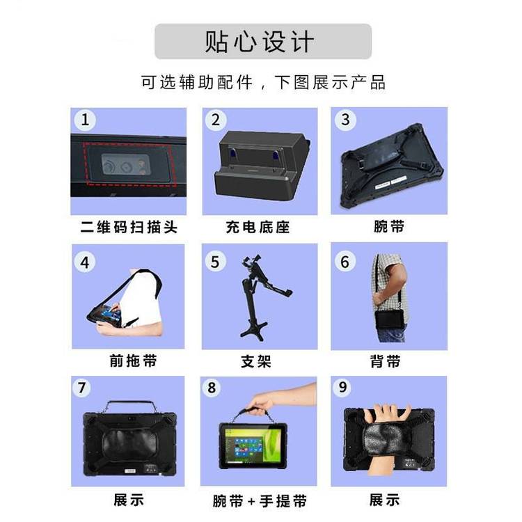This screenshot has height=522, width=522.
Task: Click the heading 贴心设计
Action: click(260, 42)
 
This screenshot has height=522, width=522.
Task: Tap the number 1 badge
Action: click(85, 120)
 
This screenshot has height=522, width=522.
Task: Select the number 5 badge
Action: click(215, 262)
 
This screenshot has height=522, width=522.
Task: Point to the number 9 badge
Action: click(342, 387)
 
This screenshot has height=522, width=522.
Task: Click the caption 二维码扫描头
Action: click(129, 227)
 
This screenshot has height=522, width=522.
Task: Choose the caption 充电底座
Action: click(258, 227)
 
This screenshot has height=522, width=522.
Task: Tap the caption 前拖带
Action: click(133, 361)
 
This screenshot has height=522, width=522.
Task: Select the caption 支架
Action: click(256, 361)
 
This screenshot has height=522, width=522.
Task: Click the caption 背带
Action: click(385, 361)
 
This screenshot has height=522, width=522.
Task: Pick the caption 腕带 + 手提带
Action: click(260, 501)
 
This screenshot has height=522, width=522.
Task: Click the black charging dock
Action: click(261, 166)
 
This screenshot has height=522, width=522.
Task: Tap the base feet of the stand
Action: click(253, 330)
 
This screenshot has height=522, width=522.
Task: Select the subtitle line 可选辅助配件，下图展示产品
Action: click(263, 83)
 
